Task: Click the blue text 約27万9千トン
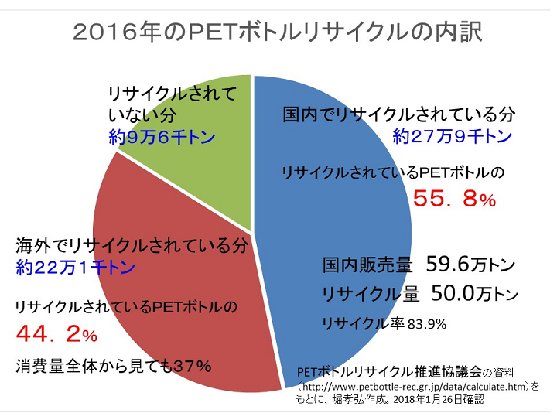coord(452,137)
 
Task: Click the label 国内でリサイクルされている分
coord(398,115)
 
